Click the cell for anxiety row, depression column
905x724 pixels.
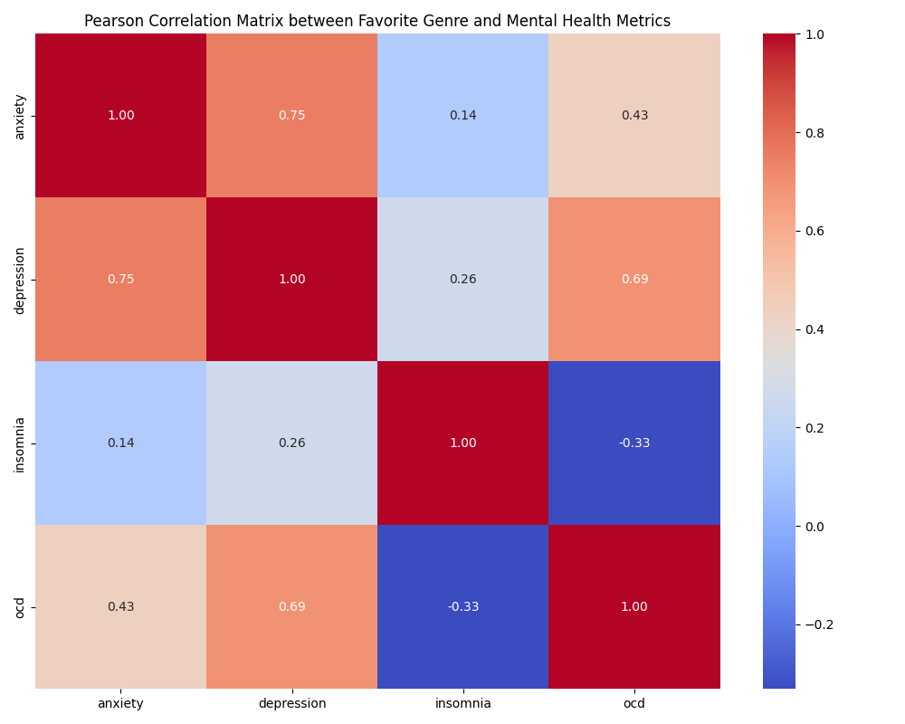pyautogui.click(x=291, y=116)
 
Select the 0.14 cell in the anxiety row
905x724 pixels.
pyautogui.click(x=462, y=116)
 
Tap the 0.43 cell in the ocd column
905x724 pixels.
pyautogui.click(x=634, y=116)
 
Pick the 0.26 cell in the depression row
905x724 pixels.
pyautogui.click(x=462, y=280)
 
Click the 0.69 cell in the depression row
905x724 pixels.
pyautogui.click(x=634, y=280)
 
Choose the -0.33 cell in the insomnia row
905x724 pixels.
pyautogui.click(x=634, y=443)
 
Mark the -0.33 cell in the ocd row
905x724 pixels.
pyautogui.click(x=462, y=607)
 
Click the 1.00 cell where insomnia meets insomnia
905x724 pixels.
pyautogui.click(x=462, y=443)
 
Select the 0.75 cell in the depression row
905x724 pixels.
pyautogui.click(x=120, y=280)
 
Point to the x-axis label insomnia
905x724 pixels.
pyautogui.click(x=462, y=703)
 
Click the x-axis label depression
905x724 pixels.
pyautogui.click(x=291, y=703)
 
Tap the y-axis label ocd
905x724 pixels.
pyautogui.click(x=20, y=607)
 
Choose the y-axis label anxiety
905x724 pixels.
pyautogui.click(x=20, y=116)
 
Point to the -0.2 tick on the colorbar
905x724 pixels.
pyautogui.click(x=819, y=624)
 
